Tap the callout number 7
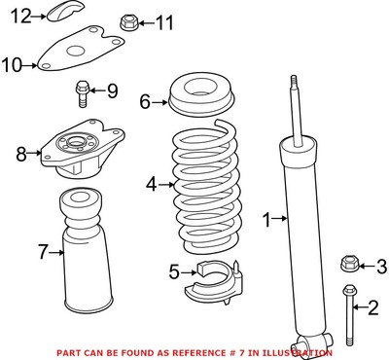pos(42,253)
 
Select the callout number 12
pos(21,14)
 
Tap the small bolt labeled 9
pos(82,94)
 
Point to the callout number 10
pos(12,66)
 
